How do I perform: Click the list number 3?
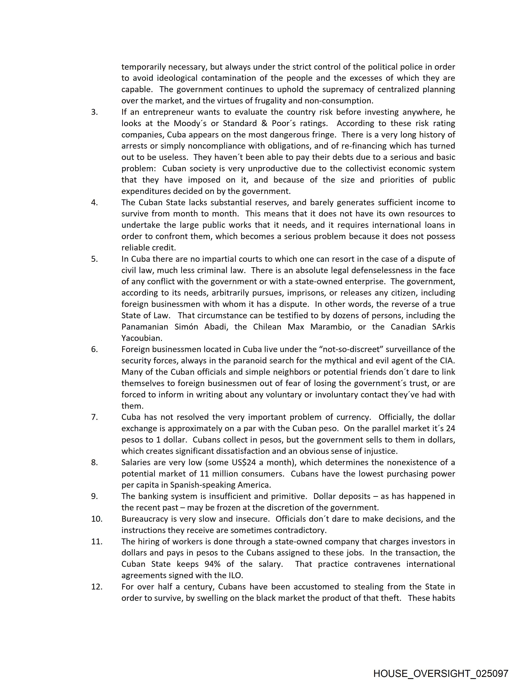[94, 112]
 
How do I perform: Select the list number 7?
[94, 417]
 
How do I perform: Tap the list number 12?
[97, 587]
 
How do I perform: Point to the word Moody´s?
[190, 123]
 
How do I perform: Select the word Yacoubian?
[141, 338]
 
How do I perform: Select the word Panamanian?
[144, 327]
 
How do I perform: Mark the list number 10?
[97, 519]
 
